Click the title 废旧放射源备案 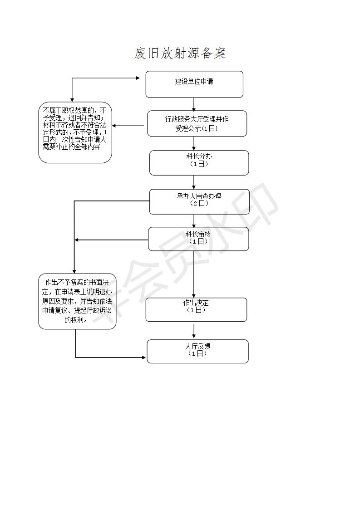180,53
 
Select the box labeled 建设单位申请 194,84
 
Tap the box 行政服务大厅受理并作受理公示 197,124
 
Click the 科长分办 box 199,162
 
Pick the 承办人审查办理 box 199,201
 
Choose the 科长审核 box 198,239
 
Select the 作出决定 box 196,310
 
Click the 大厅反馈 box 197,351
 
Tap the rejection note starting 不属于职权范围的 75,132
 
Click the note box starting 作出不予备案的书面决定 77,301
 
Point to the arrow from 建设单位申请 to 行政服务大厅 194,104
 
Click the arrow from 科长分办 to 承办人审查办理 194,182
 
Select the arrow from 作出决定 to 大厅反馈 194,331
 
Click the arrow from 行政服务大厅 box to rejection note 128,126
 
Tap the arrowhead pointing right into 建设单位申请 138,78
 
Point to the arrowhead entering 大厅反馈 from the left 144,357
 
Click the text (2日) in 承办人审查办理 199,204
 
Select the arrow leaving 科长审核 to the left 111,240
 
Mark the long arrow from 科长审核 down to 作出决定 194,274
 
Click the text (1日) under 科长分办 199,164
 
